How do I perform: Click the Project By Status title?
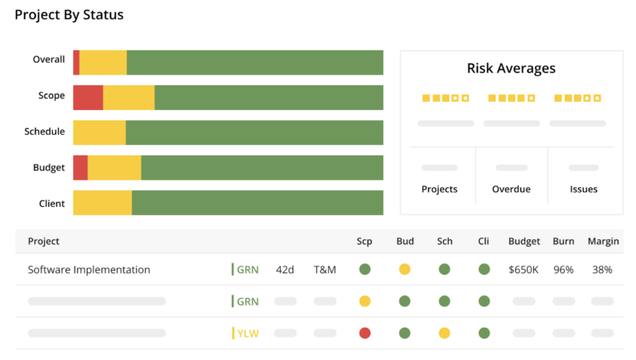69,15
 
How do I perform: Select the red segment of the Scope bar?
88,98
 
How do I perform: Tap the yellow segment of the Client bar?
102,203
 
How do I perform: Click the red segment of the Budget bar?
80,168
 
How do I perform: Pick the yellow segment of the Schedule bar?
99,132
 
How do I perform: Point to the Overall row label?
49,60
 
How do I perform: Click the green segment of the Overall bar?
254,63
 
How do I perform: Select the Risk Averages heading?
511,69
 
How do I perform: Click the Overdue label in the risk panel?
511,189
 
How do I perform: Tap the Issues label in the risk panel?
583,189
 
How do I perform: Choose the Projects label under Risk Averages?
439,189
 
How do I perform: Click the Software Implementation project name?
89,270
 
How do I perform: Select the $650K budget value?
524,270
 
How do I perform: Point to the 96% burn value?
563,270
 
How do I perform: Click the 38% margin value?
602,270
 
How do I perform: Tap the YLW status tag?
247,334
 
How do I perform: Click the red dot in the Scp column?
364,334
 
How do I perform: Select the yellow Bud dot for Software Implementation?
404,270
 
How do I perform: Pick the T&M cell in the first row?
325,270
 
